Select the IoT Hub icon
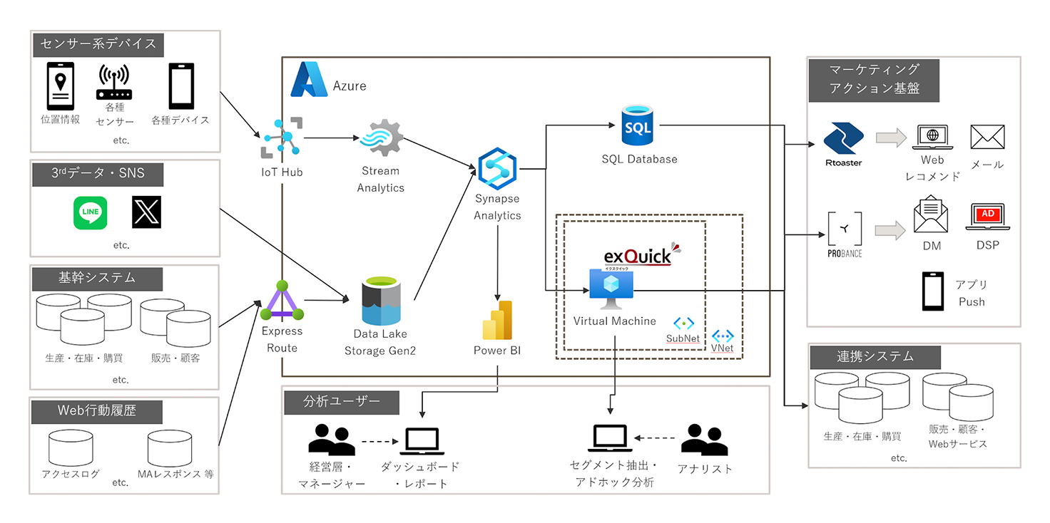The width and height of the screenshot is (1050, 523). tap(281, 137)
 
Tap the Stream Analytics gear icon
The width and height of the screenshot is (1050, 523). tap(381, 140)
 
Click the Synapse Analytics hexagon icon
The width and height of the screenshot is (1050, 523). tap(497, 167)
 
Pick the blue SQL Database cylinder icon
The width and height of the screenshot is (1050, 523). tap(638, 125)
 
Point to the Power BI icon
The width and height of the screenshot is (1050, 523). tap(498, 320)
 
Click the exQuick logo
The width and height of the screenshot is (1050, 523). tap(639, 255)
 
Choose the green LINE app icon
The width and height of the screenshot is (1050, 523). tap(91, 213)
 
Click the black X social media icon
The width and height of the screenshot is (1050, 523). tap(147, 213)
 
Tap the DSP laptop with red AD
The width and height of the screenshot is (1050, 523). tap(988, 217)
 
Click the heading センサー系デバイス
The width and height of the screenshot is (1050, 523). tap(99, 44)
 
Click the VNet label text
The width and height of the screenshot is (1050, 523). tap(723, 348)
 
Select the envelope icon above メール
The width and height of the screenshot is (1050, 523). tap(987, 138)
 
